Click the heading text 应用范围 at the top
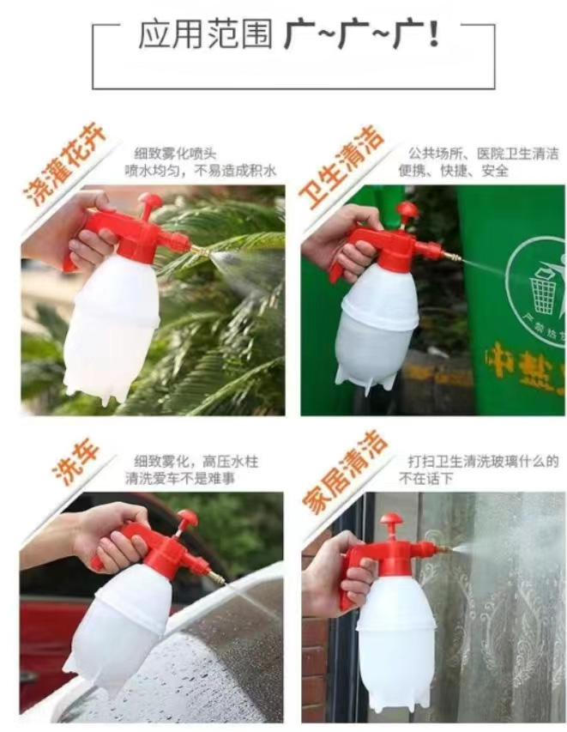(x=205, y=35)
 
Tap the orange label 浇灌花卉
(x=65, y=166)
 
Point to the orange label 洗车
(x=75, y=462)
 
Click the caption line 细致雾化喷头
(x=176, y=154)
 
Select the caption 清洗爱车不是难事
(x=179, y=479)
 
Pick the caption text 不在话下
(x=426, y=479)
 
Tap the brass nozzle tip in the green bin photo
(x=459, y=257)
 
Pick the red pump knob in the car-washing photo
(x=187, y=518)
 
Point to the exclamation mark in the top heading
(x=433, y=35)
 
